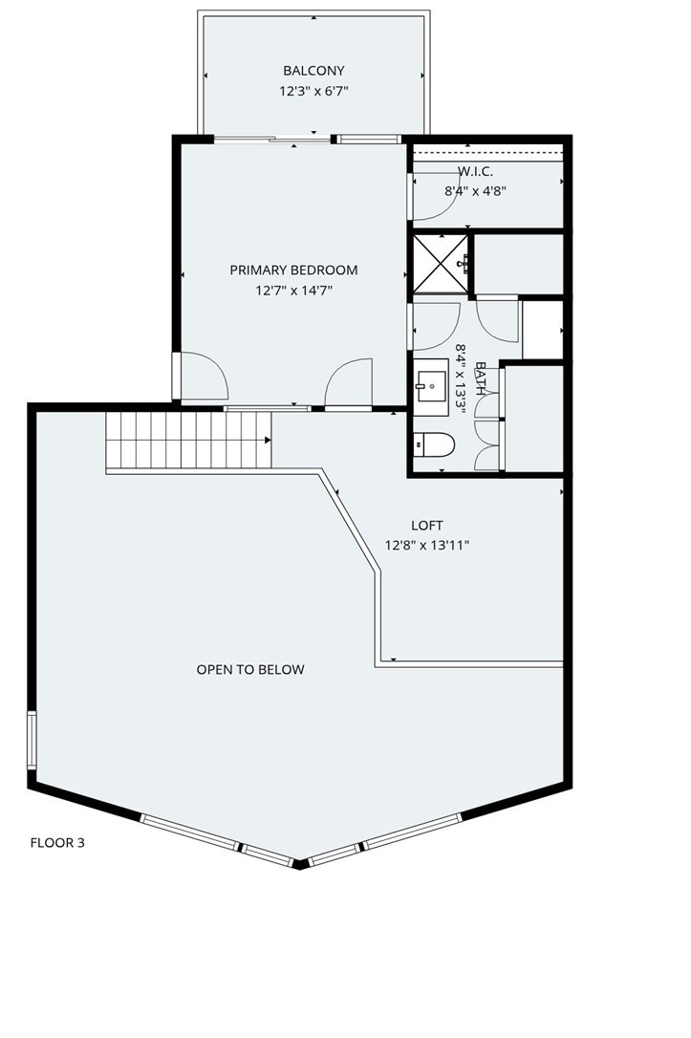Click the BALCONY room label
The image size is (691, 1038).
point(313,71)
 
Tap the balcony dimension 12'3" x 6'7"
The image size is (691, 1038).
point(313,92)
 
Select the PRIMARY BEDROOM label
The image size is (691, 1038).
point(293,270)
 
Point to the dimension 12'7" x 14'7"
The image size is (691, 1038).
point(293,291)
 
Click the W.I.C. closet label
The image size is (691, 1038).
point(475,171)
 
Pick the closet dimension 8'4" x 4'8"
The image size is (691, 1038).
point(475,190)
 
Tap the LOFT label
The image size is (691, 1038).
point(427,526)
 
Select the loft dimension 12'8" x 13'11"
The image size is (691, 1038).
point(427,546)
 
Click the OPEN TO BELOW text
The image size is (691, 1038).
point(250,670)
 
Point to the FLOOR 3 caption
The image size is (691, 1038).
point(57,843)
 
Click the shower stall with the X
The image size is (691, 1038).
point(440,263)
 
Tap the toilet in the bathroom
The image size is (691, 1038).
point(435,444)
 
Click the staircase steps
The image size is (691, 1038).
point(186,440)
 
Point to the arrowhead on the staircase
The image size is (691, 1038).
point(268,440)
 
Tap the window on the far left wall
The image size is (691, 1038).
point(32,741)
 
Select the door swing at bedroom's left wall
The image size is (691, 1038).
point(203,376)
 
